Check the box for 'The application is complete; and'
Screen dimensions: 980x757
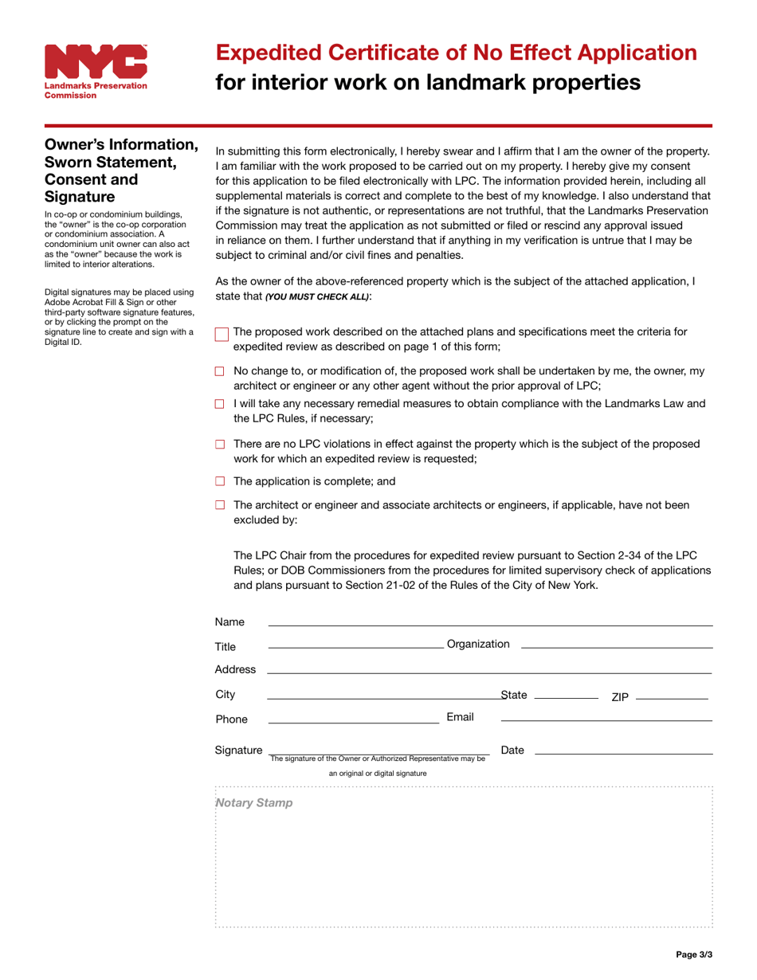[x=221, y=481]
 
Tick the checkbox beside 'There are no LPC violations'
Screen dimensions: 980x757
[x=221, y=444]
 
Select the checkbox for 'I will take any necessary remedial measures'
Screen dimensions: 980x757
[x=221, y=404]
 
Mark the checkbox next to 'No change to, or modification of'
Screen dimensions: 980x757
[x=221, y=371]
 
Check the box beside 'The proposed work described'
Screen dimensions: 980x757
[x=222, y=335]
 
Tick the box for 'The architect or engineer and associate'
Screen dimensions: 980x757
[x=221, y=505]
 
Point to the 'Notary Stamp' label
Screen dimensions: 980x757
[x=254, y=803]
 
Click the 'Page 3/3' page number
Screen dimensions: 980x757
[x=693, y=954]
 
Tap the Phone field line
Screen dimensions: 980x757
[x=353, y=721]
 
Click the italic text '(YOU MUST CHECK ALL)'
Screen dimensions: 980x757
[x=317, y=296]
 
